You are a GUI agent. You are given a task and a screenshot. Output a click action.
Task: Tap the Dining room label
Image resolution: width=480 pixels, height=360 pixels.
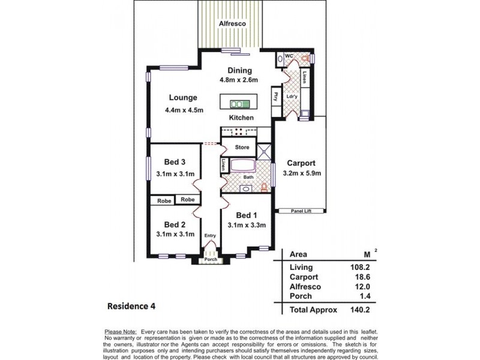point(239,70)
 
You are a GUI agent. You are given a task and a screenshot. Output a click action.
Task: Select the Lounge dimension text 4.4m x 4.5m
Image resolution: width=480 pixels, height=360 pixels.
point(184,110)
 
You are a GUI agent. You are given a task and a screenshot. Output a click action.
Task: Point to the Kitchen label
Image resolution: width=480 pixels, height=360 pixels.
point(242,118)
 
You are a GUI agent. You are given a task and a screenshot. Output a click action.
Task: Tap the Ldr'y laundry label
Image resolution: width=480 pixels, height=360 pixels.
point(292,96)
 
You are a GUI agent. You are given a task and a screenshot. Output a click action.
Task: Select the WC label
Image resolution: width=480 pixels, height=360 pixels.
point(288,56)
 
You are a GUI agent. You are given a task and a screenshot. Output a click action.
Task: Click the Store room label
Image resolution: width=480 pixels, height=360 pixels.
point(242,147)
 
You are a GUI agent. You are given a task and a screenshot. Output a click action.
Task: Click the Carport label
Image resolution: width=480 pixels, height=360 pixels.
point(301,163)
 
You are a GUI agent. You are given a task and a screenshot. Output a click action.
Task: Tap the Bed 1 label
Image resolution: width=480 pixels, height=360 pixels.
point(247,215)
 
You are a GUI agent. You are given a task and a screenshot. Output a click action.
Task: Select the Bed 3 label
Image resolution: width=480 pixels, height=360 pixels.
point(175,161)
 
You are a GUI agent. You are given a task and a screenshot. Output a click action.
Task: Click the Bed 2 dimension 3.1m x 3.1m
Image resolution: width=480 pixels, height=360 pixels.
point(175,234)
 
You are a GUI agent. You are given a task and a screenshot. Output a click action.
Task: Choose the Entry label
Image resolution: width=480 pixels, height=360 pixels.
point(209,236)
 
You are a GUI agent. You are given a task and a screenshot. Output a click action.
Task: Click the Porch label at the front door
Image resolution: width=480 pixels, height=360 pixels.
point(210,259)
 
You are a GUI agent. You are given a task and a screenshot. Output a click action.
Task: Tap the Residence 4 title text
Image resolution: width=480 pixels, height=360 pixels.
point(131,306)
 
